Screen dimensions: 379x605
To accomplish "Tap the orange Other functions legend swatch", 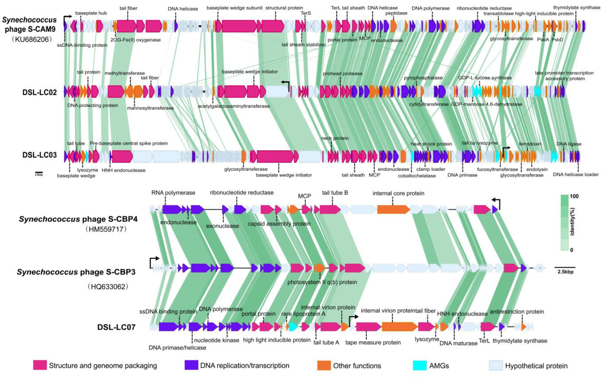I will [x=324, y=365].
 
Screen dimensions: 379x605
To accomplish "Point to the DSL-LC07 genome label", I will [x=116, y=327].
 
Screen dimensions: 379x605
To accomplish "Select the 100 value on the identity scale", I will [x=574, y=196].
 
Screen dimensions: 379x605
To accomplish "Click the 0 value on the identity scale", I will [x=572, y=250].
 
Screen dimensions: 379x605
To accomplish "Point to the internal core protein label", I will [x=398, y=193].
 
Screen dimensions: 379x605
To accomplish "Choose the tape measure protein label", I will [x=373, y=342].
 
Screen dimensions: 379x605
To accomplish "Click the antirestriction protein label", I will [x=517, y=312].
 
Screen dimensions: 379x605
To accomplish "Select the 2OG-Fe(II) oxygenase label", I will [x=135, y=40].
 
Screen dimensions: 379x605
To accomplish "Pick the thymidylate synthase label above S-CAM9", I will [x=576, y=7].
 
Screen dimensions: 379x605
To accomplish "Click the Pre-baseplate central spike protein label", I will [x=129, y=143].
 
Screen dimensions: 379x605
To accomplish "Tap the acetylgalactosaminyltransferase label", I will [x=234, y=106].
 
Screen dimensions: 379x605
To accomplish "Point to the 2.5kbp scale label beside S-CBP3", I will [x=565, y=272].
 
